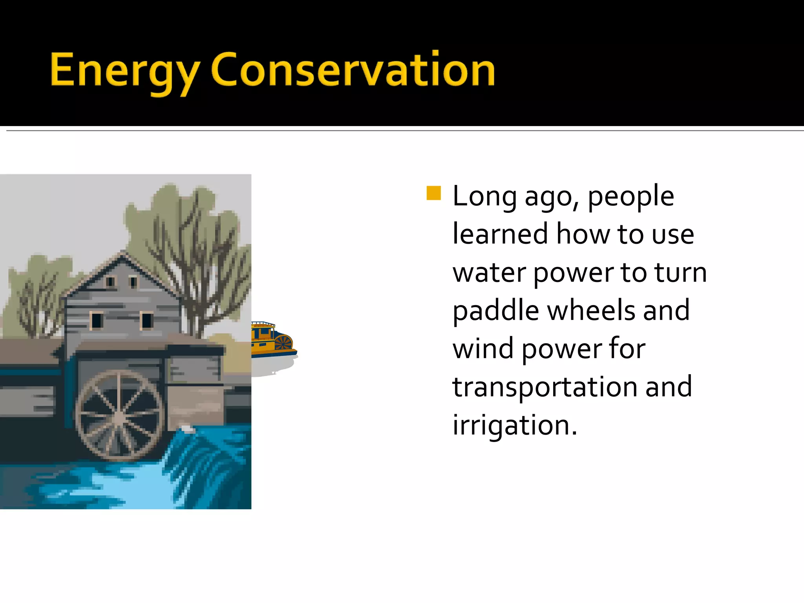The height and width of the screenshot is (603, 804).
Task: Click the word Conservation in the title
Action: (353, 70)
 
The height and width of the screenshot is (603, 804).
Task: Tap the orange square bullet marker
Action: (433, 193)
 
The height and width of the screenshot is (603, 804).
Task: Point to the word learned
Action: (500, 234)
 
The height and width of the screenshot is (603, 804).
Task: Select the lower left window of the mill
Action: (97, 320)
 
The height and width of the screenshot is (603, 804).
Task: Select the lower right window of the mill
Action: (147, 320)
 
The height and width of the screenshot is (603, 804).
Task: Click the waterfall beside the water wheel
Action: (204, 463)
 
